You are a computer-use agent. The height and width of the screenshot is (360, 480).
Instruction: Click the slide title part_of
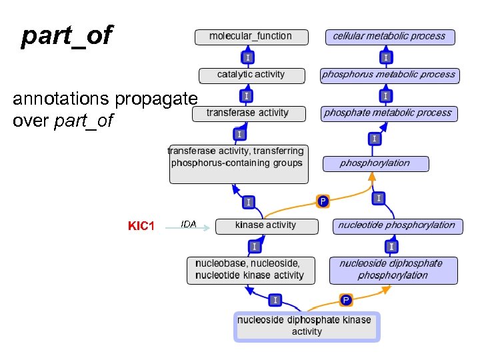tap(67, 36)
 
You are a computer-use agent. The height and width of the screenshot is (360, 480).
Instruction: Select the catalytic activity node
tap(251, 75)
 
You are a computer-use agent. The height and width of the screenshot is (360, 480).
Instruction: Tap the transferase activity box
tap(248, 113)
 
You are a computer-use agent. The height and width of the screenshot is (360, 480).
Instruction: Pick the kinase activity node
tap(265, 225)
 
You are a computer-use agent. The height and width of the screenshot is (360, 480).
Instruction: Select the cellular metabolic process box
tap(389, 36)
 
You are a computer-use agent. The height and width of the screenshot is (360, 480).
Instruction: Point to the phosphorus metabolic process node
tap(389, 75)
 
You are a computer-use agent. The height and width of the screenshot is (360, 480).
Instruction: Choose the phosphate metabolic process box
tap(388, 113)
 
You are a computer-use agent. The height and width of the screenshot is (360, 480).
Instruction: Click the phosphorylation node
tap(375, 163)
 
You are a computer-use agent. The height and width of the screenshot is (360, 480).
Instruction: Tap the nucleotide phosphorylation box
tap(396, 225)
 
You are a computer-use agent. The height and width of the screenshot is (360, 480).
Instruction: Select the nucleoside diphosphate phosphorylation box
tap(393, 269)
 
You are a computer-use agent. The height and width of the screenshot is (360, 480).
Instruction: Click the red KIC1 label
tap(141, 226)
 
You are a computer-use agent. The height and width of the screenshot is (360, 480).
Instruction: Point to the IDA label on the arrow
tap(189, 224)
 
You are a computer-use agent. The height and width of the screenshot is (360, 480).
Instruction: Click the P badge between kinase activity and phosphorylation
tap(323, 201)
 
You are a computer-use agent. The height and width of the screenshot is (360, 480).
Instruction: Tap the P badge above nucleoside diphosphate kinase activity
tap(346, 300)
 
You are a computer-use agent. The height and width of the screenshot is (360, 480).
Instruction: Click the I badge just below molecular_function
tap(248, 58)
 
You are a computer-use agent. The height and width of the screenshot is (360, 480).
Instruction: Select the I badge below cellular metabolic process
tap(386, 58)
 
